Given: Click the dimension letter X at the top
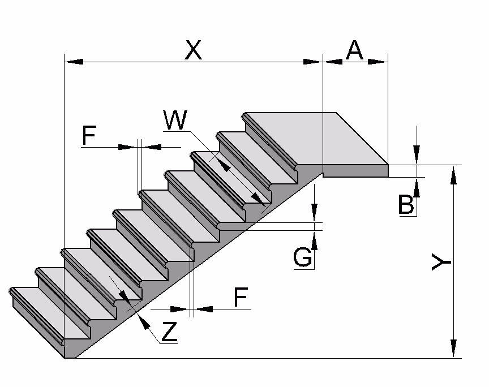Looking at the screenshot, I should pos(193,50).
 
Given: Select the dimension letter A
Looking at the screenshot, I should pos(354,50).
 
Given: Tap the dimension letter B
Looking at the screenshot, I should pos(406,204).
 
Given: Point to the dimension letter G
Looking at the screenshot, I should pos(303,258).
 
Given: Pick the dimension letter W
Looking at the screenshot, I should pos(175,120).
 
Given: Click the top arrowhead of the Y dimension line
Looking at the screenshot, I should pos(453,175).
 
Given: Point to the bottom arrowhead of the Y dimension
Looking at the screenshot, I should pos(453,349).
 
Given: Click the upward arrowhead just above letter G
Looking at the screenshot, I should pos(315,241).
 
